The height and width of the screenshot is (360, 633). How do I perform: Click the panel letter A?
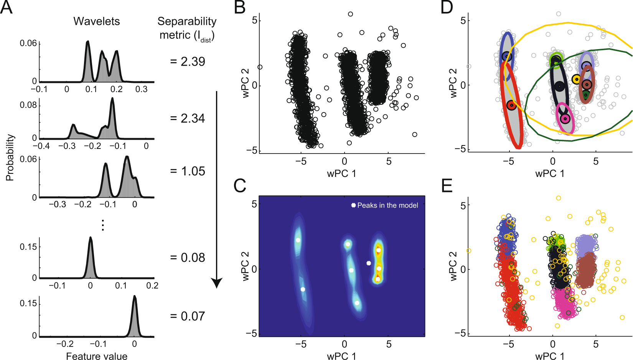point(7,7)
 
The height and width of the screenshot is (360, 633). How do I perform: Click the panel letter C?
point(240,185)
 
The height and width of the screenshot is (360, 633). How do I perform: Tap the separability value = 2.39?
point(188,61)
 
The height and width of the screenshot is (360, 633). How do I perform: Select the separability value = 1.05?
point(188,171)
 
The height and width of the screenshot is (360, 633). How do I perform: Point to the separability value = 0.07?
point(188,316)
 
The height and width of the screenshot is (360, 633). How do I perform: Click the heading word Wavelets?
point(97,21)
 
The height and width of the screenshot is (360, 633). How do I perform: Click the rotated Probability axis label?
point(10,157)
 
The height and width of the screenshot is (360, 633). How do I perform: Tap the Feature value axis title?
point(97,356)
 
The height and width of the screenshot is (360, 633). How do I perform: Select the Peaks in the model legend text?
point(387,205)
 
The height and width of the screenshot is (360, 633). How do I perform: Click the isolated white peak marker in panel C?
point(369,263)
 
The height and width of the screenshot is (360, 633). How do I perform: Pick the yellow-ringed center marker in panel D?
point(576,79)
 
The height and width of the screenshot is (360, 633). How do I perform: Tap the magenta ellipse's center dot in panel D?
point(565,119)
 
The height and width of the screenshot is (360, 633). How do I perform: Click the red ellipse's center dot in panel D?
point(511,105)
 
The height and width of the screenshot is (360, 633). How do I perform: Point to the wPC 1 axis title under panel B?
point(341,173)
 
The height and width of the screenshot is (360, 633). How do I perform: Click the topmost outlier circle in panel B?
point(350,14)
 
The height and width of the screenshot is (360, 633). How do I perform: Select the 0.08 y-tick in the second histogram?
point(28,105)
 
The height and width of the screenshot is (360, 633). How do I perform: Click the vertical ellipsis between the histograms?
point(102,225)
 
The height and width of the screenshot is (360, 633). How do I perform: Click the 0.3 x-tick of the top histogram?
point(141,89)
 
